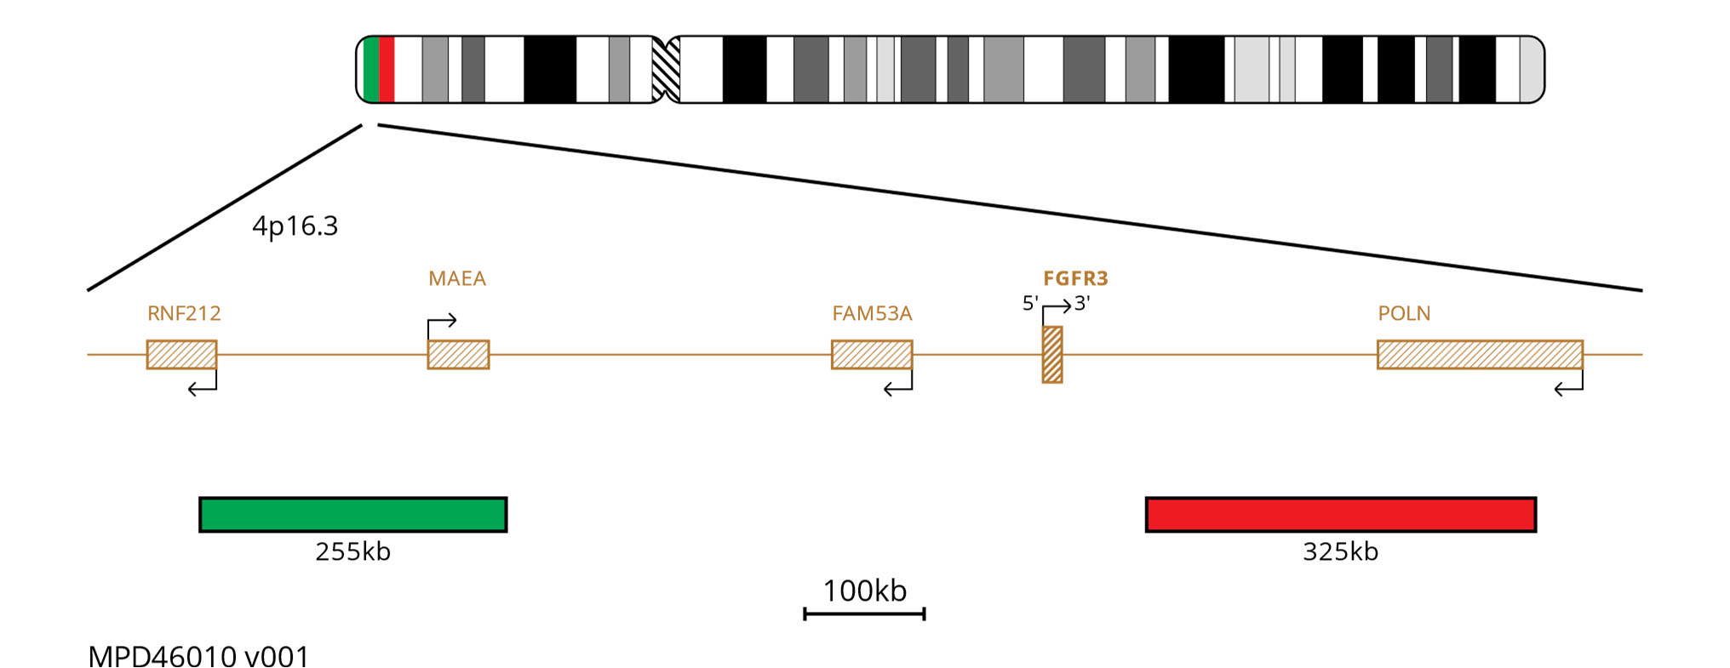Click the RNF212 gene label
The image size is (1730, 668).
[184, 313]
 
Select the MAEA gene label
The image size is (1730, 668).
[457, 278]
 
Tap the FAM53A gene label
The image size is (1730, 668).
[872, 313]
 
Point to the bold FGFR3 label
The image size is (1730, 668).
[1075, 278]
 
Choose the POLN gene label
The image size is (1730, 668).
[1404, 313]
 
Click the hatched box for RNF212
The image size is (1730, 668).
[181, 354]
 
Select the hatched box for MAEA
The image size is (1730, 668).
[458, 354]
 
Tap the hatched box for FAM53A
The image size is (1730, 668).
[872, 354]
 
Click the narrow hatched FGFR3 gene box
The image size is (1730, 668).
[1052, 354]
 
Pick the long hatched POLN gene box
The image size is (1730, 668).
[1480, 354]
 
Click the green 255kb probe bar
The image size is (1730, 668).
[353, 515]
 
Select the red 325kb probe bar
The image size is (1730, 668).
[1341, 515]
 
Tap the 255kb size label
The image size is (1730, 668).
[353, 551]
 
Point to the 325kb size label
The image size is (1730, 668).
[1341, 551]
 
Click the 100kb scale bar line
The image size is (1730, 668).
[864, 613]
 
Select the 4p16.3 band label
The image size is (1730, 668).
[295, 226]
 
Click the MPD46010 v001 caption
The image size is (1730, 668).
[198, 657]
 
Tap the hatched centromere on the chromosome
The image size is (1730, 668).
[666, 70]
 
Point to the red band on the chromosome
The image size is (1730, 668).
[387, 70]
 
